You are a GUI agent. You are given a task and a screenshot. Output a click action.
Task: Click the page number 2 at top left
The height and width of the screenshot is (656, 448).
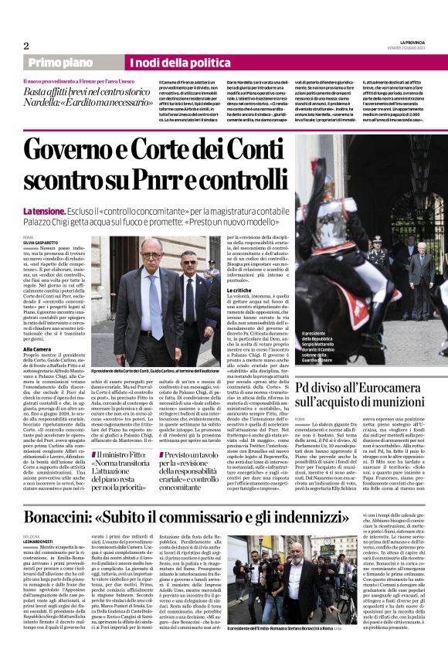[x=26, y=45]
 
